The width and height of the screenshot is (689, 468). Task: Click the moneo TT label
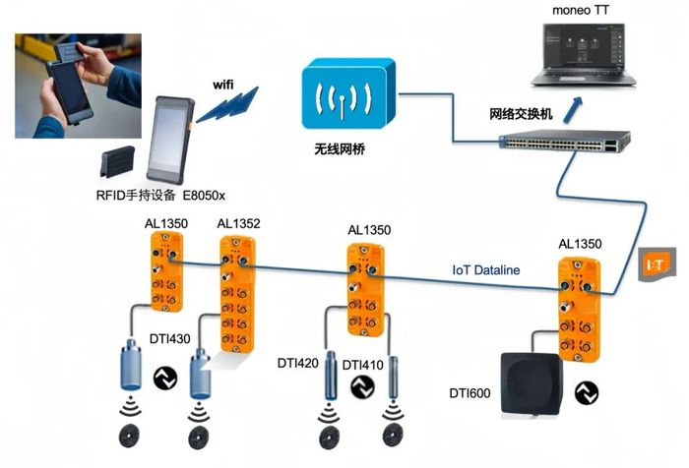pyautogui.click(x=580, y=10)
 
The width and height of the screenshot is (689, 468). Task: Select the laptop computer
pyautogui.click(x=583, y=55)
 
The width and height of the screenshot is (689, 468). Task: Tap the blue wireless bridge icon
pyautogui.click(x=348, y=93)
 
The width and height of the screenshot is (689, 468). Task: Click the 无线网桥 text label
pyautogui.click(x=340, y=149)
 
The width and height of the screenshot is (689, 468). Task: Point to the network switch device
pyautogui.click(x=565, y=141)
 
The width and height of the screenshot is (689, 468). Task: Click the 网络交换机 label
pyautogui.click(x=521, y=114)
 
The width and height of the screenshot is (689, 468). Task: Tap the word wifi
pyautogui.click(x=223, y=85)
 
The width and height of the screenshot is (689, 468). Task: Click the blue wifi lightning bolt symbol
pyautogui.click(x=227, y=104)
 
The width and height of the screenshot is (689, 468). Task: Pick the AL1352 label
pyautogui.click(x=238, y=224)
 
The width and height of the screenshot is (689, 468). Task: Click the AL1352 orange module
pyautogui.click(x=237, y=294)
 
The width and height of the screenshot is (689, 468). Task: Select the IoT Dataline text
pyautogui.click(x=486, y=270)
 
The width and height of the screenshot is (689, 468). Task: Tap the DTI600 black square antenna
pyautogui.click(x=532, y=384)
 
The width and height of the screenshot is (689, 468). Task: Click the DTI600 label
pyautogui.click(x=470, y=393)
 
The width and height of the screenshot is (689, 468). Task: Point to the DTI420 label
pyautogui.click(x=298, y=363)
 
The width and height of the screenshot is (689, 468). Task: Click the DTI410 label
pyautogui.click(x=362, y=365)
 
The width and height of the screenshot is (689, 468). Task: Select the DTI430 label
pyautogui.click(x=169, y=339)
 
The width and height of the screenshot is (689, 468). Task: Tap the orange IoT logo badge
pyautogui.click(x=657, y=263)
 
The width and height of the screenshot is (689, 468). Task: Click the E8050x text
pyautogui.click(x=204, y=196)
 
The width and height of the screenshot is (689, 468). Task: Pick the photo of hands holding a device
pyautogui.click(x=78, y=87)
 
